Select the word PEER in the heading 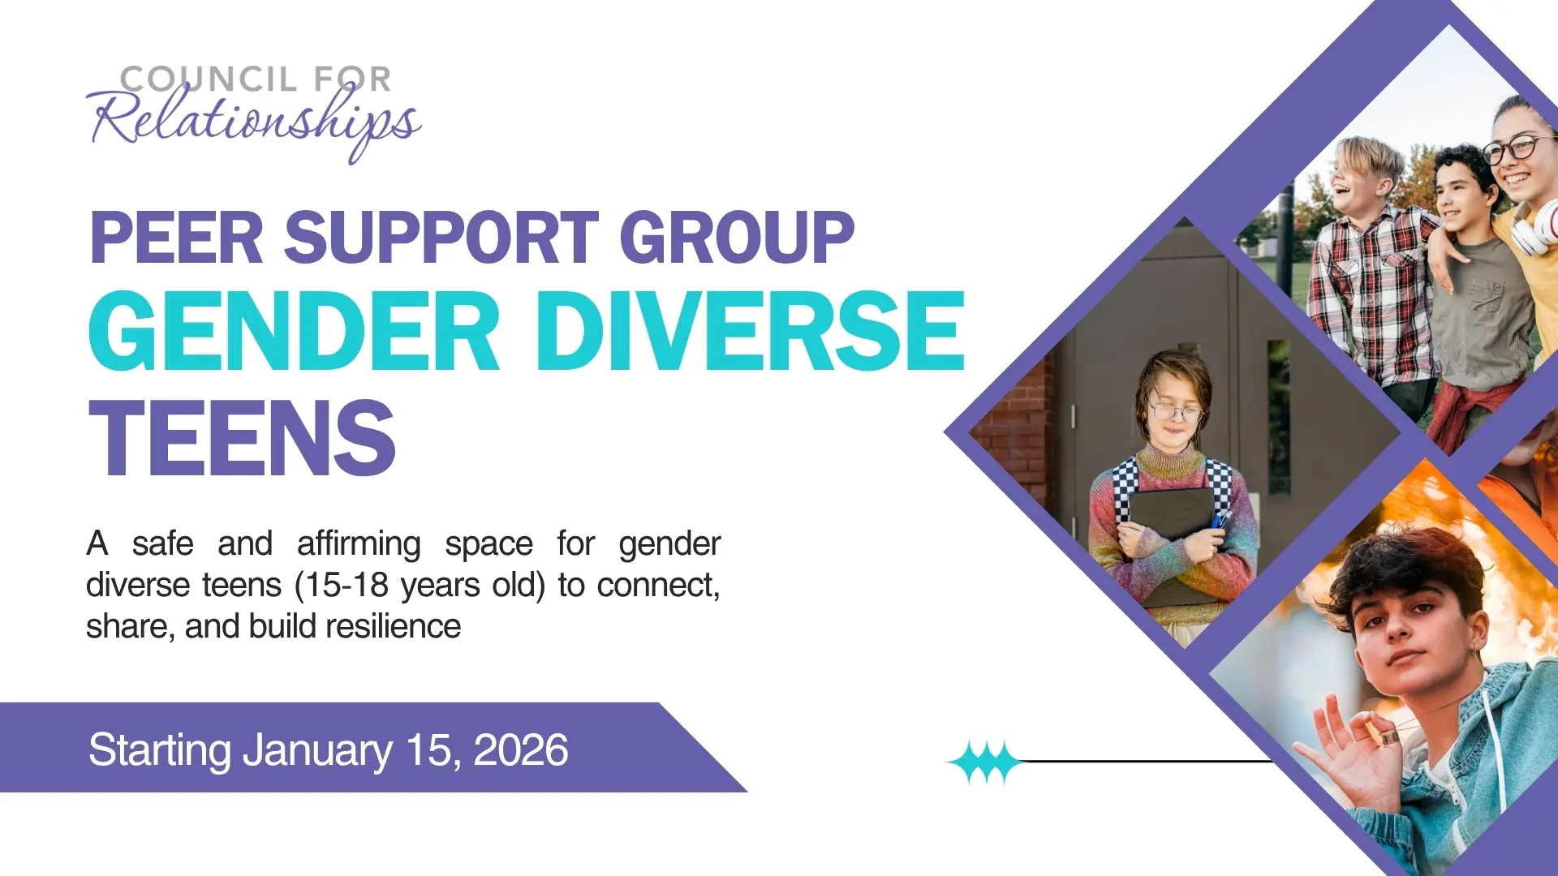176,237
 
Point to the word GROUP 737,237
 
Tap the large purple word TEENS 242,438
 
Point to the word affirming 359,543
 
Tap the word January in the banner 317,751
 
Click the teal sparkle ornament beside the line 984,762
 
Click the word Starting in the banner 160,751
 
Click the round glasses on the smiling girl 1510,149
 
